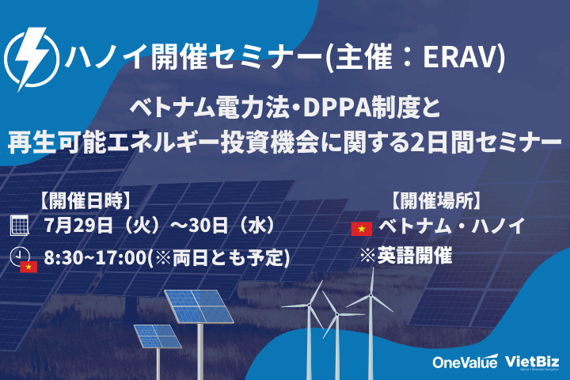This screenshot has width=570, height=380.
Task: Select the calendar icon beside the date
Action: coord(19,226)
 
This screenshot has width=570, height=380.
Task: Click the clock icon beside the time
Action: coord(19,256)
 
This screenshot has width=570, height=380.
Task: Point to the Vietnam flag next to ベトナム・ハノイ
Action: coord(361,229)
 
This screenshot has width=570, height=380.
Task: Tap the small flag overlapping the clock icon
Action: coord(28,267)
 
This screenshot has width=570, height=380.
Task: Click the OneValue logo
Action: coord(465,362)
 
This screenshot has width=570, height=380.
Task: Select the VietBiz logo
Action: coord(532,362)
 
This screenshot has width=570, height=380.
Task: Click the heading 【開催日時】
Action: coord(85,201)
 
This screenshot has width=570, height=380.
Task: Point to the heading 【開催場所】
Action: coord(436,201)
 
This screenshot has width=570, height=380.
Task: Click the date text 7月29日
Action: coord(78,226)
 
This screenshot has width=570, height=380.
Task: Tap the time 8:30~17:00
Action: coord(95,257)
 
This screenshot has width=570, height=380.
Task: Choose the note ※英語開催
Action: coord(406,255)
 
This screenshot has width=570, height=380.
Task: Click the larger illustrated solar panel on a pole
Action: coord(199,306)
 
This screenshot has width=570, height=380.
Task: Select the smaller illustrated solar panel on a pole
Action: coord(158,336)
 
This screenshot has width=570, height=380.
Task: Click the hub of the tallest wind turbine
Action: coord(370,295)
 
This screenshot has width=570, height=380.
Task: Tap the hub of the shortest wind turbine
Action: coord(337,314)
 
